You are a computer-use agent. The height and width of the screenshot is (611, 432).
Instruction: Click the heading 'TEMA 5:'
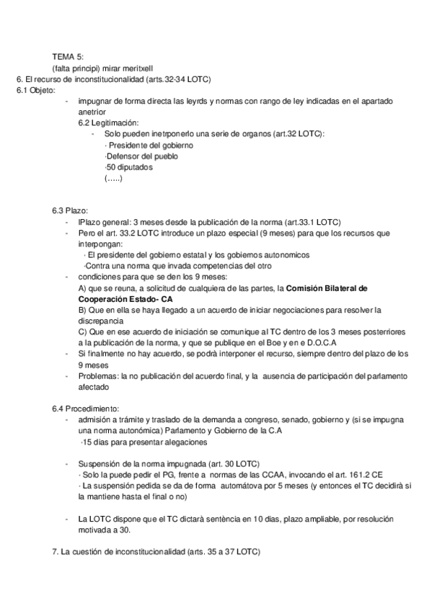tap(67, 56)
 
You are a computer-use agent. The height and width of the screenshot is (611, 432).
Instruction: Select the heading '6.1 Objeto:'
tap(35, 90)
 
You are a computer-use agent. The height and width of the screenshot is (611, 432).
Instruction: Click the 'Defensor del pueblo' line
tap(141, 156)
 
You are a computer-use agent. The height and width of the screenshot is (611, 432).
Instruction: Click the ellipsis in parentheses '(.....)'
tap(113, 178)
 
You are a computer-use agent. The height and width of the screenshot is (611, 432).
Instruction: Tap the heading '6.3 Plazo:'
tap(70, 210)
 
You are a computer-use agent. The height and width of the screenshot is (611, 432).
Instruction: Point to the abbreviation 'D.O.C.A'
tap(330, 343)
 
